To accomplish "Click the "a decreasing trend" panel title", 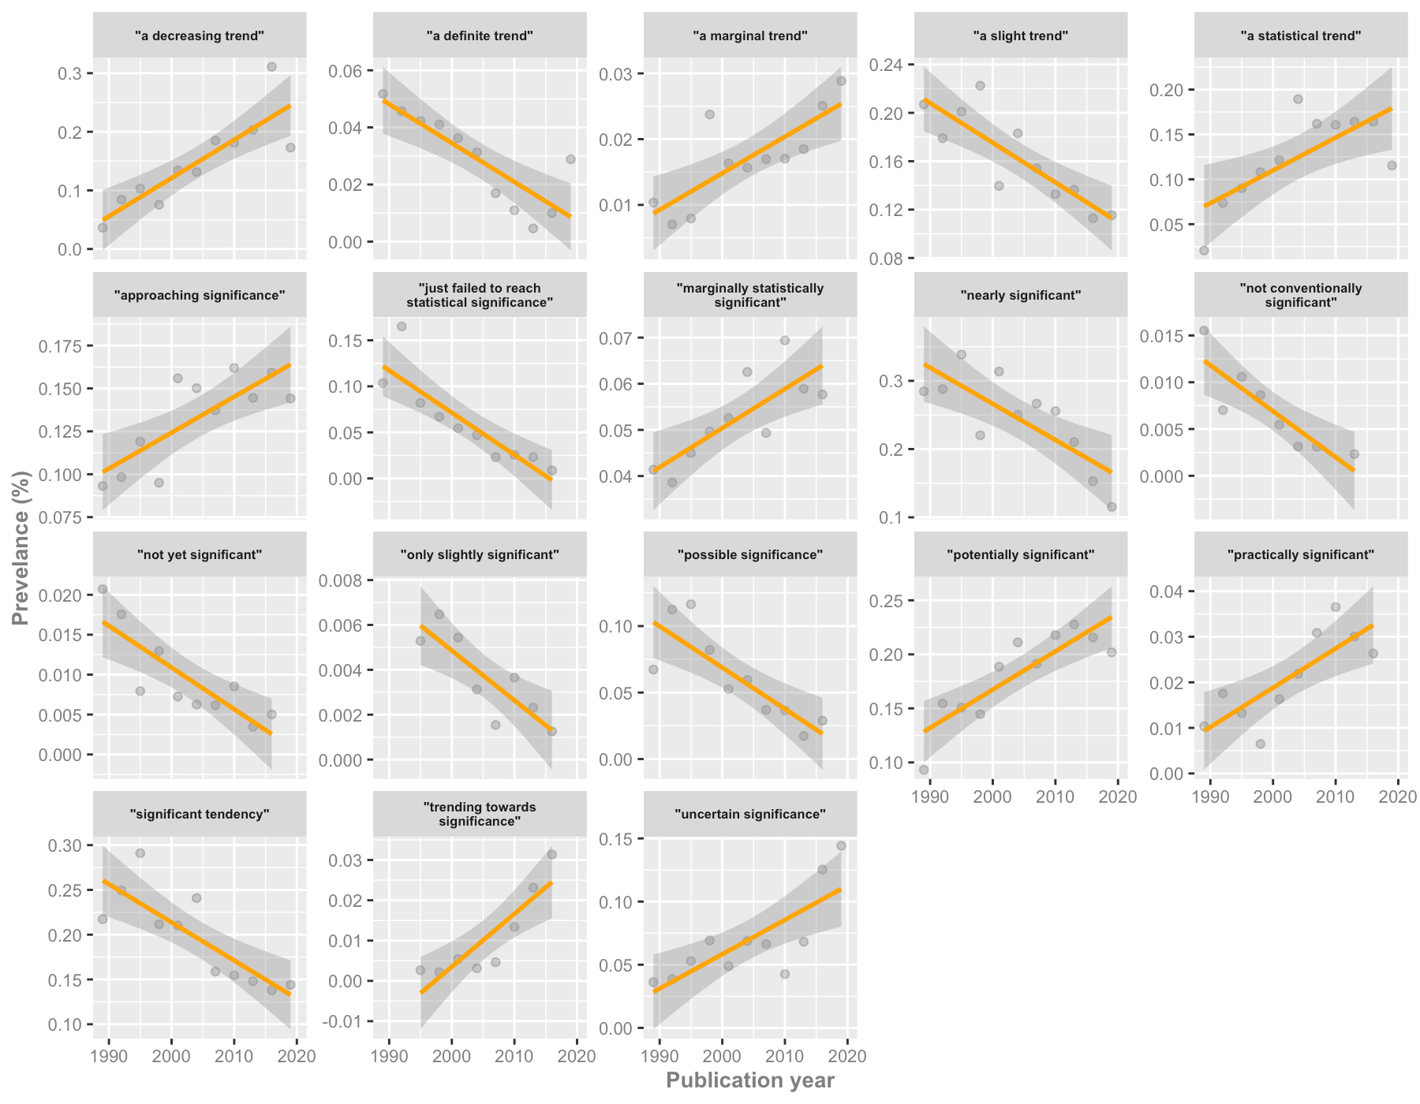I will [200, 35].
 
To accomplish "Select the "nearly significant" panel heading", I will [1021, 295].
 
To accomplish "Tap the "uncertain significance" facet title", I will [750, 814].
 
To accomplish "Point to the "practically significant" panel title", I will [1301, 554].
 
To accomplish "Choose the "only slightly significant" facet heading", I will [480, 554].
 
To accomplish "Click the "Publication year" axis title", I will [750, 1080].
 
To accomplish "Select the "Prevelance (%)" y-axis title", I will [21, 548].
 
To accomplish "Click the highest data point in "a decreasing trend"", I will [271, 67].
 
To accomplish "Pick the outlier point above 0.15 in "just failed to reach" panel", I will [402, 326].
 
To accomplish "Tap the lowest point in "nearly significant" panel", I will [1112, 506].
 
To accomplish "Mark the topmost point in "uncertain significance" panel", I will [841, 845].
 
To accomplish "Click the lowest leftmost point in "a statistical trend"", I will [1204, 251].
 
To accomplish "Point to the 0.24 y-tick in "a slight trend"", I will [885, 65].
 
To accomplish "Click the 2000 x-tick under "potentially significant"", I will [992, 797].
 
